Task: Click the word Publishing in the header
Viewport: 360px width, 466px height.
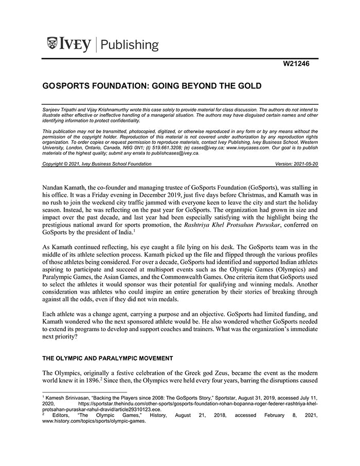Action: (130, 45)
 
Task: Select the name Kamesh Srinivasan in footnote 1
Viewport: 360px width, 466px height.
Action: (65, 398)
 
